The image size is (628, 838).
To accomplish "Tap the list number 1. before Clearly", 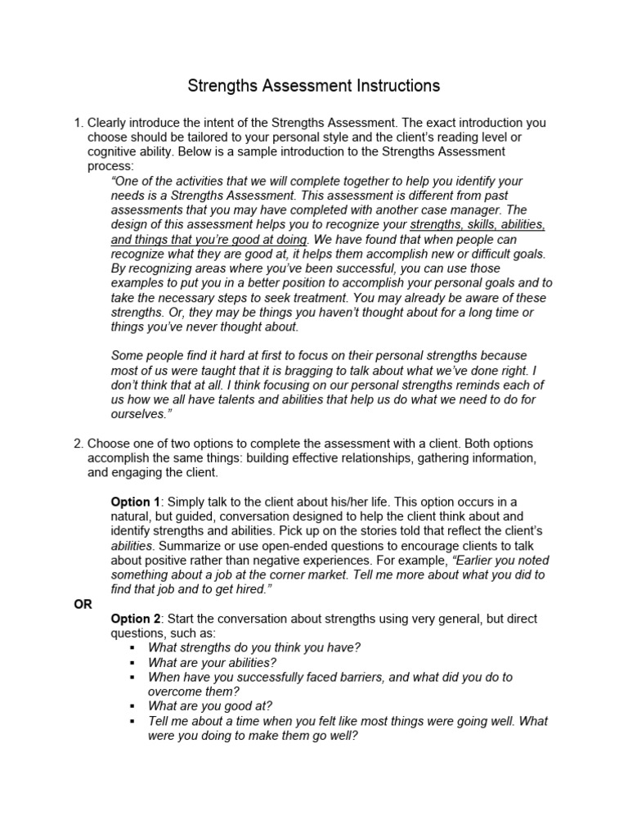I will tap(78, 123).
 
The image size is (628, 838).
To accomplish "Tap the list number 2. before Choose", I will tap(78, 444).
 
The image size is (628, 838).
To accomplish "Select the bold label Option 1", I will tap(136, 502).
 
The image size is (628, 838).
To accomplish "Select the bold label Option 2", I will tap(136, 619).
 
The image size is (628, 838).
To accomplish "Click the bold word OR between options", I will tap(83, 604).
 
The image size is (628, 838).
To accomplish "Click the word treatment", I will tap(357, 298).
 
